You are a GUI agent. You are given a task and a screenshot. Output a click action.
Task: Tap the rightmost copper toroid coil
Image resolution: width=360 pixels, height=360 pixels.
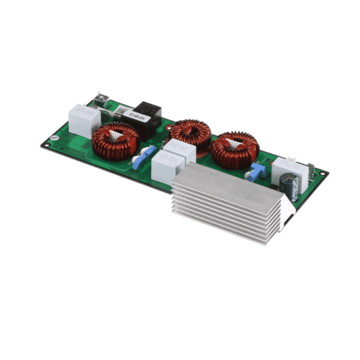coord(234,148)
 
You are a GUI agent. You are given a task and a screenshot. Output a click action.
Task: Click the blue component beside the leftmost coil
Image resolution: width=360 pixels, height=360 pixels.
coord(149,153)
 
